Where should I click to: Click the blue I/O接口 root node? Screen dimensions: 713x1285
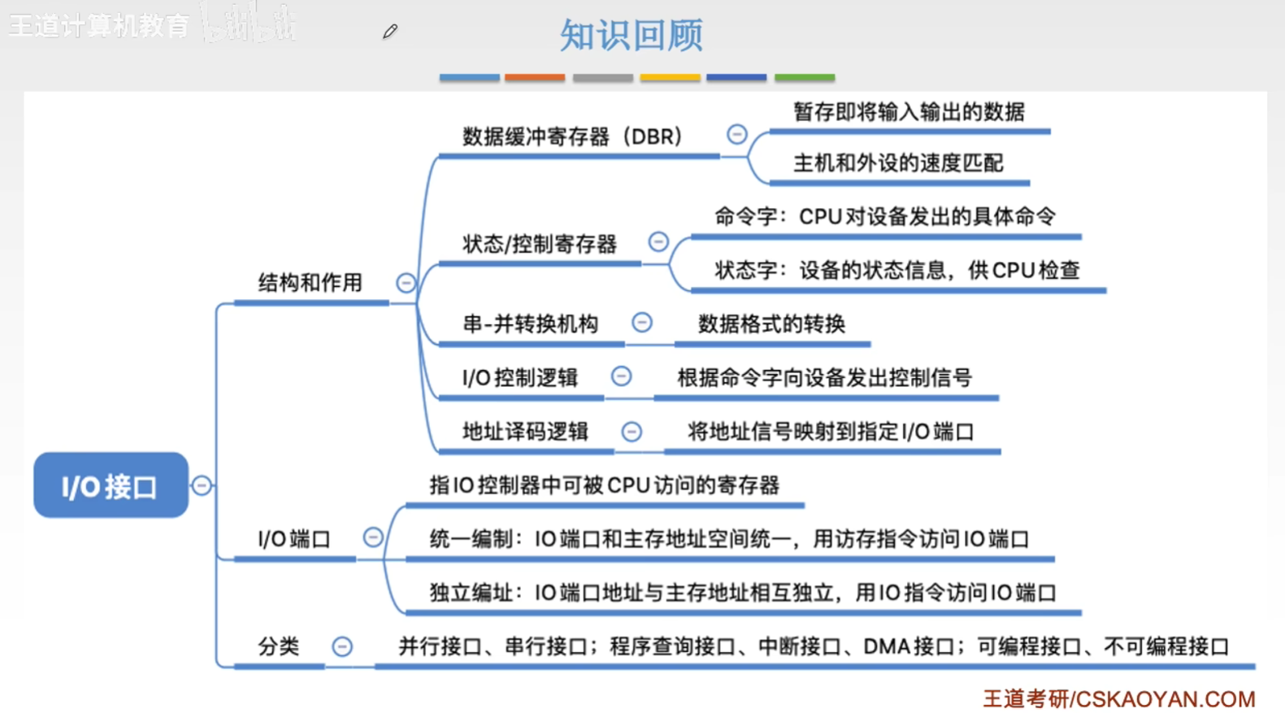[111, 485]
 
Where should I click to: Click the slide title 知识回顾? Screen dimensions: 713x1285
[631, 35]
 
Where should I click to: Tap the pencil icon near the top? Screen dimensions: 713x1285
[390, 32]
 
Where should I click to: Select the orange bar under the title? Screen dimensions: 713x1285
[534, 78]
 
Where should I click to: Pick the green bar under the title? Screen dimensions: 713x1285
[804, 78]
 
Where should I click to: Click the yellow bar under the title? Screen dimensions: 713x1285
[670, 78]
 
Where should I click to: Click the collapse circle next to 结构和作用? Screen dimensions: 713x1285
[406, 283]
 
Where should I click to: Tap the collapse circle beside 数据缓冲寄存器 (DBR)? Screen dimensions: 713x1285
[736, 134]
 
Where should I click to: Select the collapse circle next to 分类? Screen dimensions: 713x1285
[342, 646]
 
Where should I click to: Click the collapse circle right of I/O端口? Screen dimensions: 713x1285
[373, 537]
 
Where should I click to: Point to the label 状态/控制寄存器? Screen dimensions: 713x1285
[540, 244]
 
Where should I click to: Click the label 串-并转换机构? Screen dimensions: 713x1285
[530, 324]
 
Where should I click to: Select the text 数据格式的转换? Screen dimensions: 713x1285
[771, 324]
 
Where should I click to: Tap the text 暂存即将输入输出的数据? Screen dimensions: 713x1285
[909, 111]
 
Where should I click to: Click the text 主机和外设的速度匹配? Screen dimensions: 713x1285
[898, 163]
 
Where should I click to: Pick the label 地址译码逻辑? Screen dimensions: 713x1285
[525, 431]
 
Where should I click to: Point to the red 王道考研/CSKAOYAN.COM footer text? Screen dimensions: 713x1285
[1118, 698]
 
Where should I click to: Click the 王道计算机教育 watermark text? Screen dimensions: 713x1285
[99, 26]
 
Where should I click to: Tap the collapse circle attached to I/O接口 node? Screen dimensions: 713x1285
[202, 485]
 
